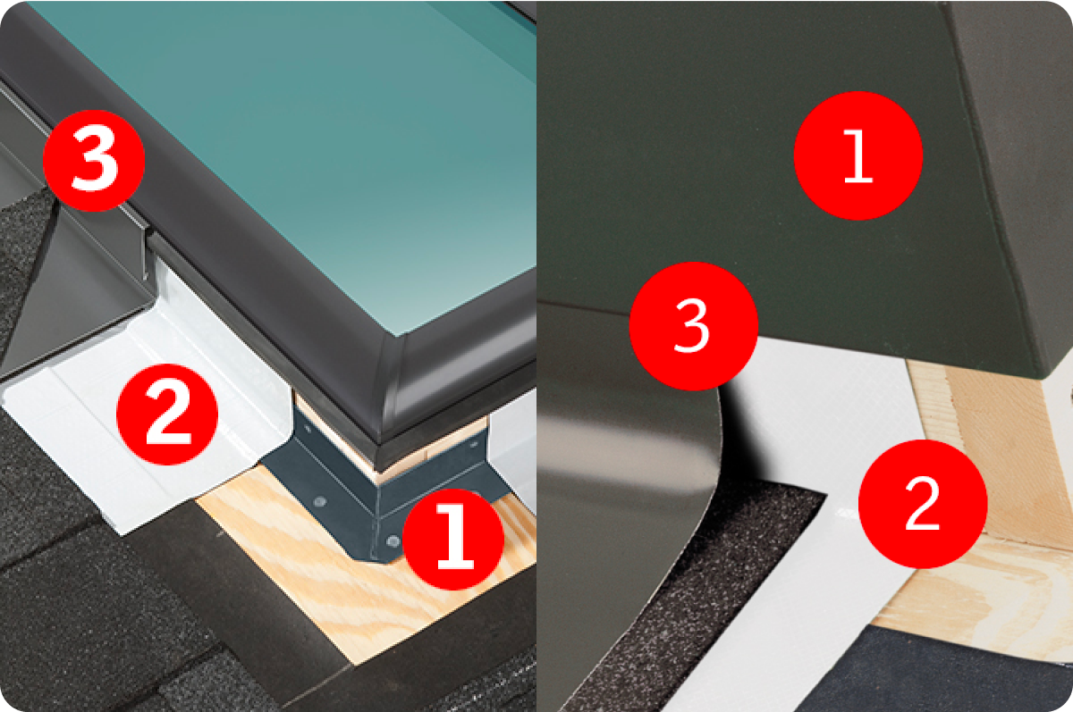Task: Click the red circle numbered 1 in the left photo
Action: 453,540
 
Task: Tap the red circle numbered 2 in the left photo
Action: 167,415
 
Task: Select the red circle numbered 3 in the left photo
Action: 94,161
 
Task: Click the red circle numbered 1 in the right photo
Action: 858,155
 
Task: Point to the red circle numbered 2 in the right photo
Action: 923,505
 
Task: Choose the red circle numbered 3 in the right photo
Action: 694,326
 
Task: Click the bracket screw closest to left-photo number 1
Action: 393,541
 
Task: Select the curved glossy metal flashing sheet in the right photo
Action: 628,479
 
